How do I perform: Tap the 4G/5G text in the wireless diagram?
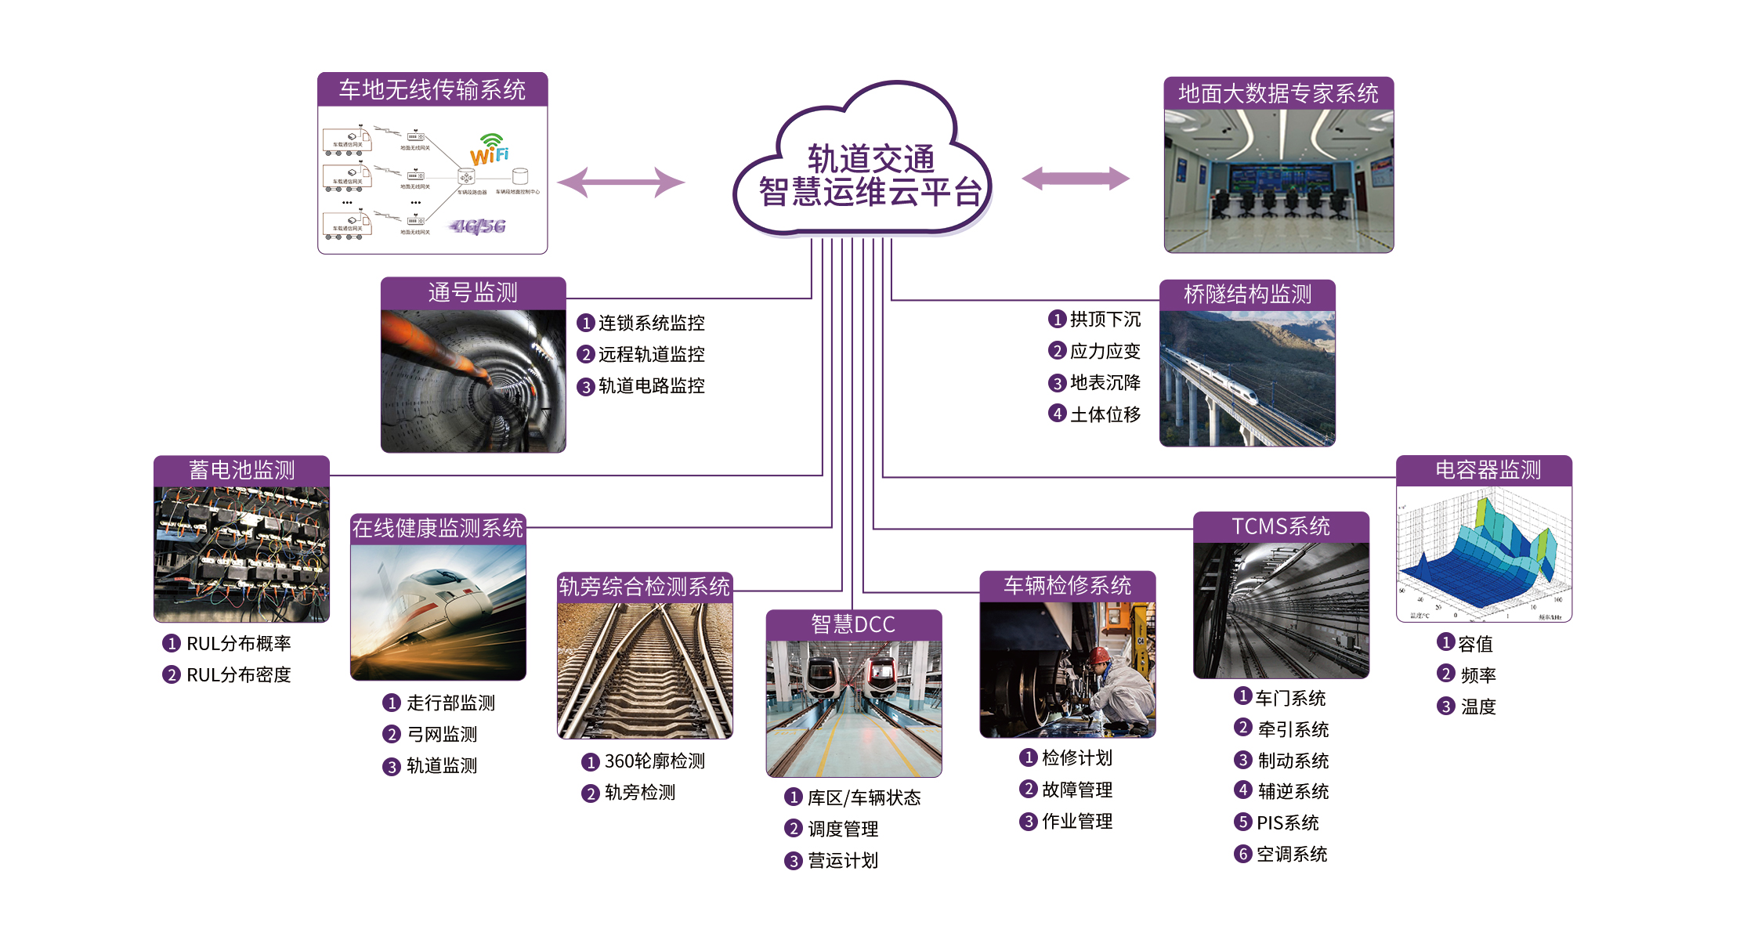coord(478,227)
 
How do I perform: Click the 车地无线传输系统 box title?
coord(432,90)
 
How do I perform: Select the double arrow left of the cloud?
coord(620,183)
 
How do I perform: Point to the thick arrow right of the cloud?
coord(1075,179)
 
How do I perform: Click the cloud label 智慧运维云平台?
coord(870,193)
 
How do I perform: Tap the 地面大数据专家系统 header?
coord(1278,94)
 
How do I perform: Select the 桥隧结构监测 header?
coord(1247,295)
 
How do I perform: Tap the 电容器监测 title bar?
coord(1487,470)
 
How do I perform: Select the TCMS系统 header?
coord(1280,526)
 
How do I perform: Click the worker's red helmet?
coord(1100,655)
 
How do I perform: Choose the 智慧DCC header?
coord(853,624)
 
